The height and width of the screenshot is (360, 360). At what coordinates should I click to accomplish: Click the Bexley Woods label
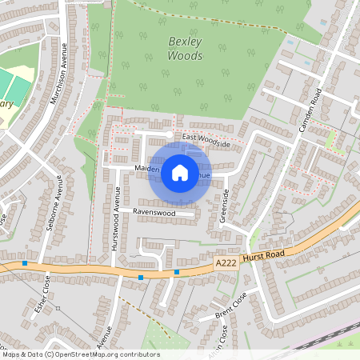185,48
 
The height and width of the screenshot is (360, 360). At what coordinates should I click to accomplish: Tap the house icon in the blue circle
180,172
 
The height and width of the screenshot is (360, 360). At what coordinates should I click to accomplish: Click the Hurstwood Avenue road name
116,218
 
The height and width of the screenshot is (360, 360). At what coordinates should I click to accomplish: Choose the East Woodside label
206,142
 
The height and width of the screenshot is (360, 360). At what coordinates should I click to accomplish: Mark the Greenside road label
226,205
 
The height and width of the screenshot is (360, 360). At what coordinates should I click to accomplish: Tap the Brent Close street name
232,304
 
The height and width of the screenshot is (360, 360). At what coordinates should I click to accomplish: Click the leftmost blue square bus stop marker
26,263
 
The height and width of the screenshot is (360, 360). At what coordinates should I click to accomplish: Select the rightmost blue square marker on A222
177,272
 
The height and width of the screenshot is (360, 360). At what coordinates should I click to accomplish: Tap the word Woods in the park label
185,56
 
